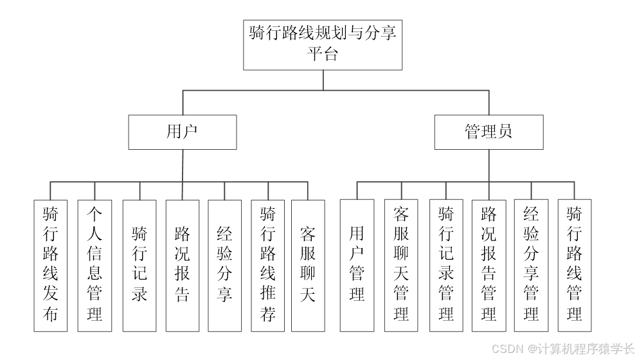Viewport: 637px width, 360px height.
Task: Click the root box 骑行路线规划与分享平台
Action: coord(323,44)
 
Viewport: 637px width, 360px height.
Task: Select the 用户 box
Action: coord(182,132)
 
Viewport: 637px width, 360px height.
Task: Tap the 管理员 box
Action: coord(489,132)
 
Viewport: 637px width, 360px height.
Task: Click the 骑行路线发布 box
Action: coord(51,265)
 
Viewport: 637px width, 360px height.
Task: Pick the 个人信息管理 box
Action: coord(94,265)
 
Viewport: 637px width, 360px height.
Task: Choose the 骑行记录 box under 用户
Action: coord(139,265)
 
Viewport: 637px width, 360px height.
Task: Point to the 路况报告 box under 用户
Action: coord(183,265)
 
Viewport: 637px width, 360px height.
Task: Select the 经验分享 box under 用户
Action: coord(225,265)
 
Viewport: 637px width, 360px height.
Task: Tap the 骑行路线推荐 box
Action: coord(268,265)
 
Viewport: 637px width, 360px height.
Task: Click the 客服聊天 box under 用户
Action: coord(308,265)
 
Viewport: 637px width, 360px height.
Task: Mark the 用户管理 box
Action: coord(357,265)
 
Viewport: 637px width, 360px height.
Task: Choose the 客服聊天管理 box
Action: coord(401,265)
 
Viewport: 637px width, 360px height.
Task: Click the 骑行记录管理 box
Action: coord(446,265)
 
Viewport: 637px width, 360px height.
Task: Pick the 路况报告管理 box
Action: coord(489,265)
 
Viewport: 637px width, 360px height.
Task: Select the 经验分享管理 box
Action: coord(532,265)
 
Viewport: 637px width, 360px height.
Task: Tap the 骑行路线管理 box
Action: coord(575,265)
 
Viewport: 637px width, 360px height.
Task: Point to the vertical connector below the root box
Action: coord(323,80)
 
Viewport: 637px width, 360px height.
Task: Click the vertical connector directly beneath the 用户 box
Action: coord(182,166)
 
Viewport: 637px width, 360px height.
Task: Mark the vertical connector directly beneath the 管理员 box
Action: coord(489,166)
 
